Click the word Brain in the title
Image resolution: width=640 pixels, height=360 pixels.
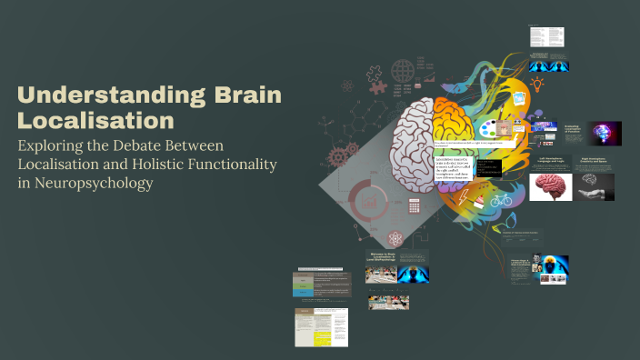pos(247,95)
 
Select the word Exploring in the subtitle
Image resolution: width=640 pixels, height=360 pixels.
pos(58,145)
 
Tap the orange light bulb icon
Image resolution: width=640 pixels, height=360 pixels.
pos(537,85)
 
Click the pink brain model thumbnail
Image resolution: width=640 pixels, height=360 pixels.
pos(551,186)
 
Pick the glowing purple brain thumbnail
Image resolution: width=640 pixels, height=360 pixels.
pos(604,133)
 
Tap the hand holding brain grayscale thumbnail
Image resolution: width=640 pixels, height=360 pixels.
pos(596,186)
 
